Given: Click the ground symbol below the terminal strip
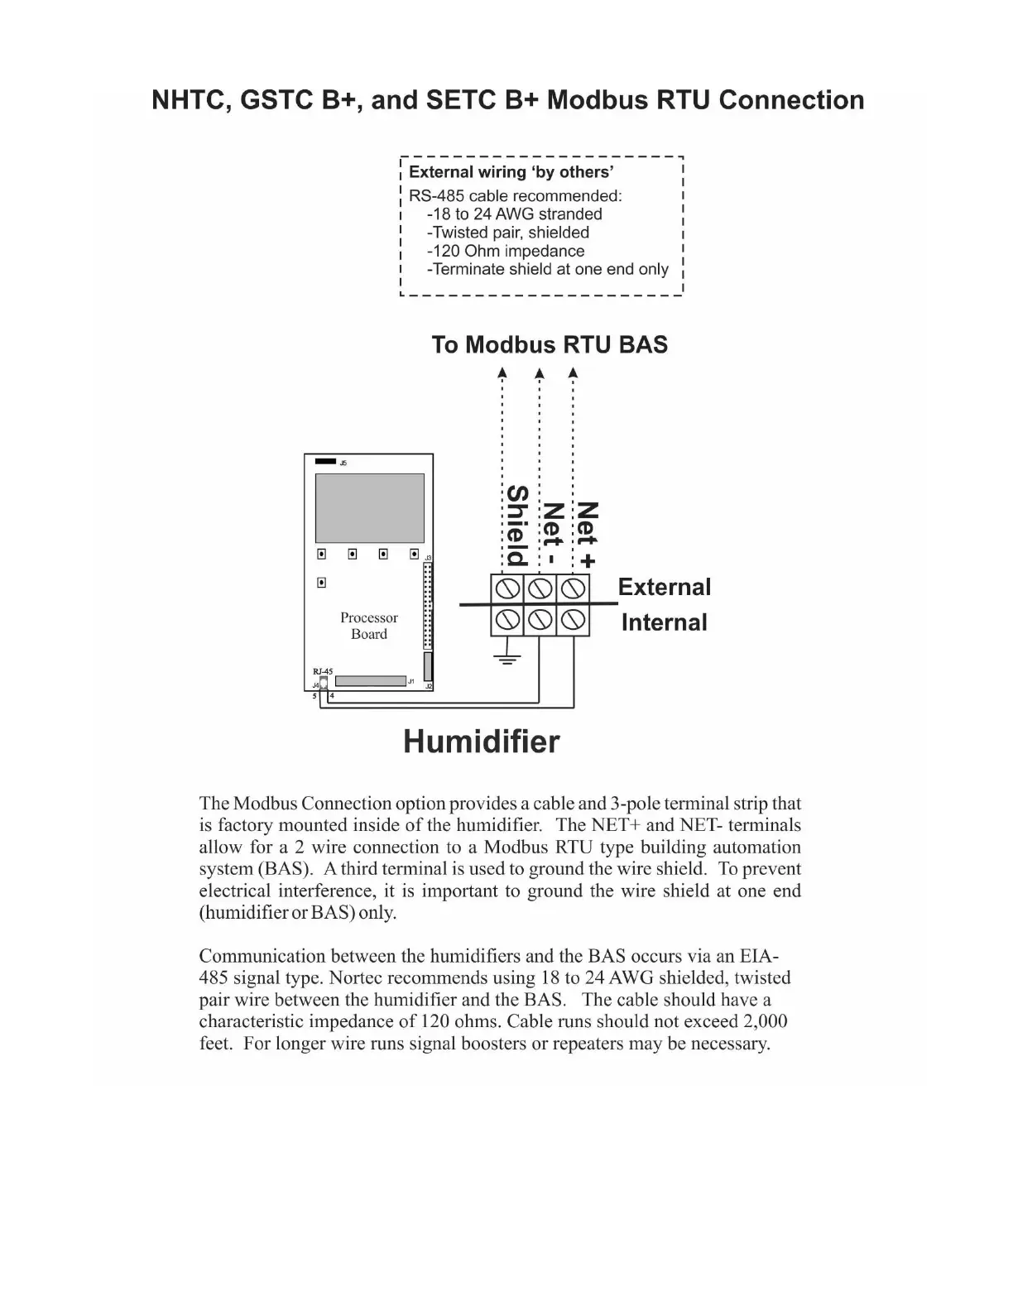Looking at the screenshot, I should point(506,659).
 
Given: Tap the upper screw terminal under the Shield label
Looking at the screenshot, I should point(506,588).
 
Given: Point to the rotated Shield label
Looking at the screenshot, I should point(516,525).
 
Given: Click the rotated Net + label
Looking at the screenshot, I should point(587,535).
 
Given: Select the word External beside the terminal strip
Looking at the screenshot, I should point(664,587).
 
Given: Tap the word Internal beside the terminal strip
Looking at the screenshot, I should point(664,622).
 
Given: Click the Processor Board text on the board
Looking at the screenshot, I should point(368,626).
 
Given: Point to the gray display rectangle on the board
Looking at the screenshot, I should point(369,508).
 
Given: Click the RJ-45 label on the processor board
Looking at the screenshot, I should point(322,672).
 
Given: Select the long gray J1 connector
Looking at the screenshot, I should point(369,681).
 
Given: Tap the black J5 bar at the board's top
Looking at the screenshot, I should point(326,462).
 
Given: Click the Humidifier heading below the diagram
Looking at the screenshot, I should point(481,742).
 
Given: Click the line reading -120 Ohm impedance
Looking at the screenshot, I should point(505,251).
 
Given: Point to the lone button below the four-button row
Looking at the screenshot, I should point(321,583).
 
